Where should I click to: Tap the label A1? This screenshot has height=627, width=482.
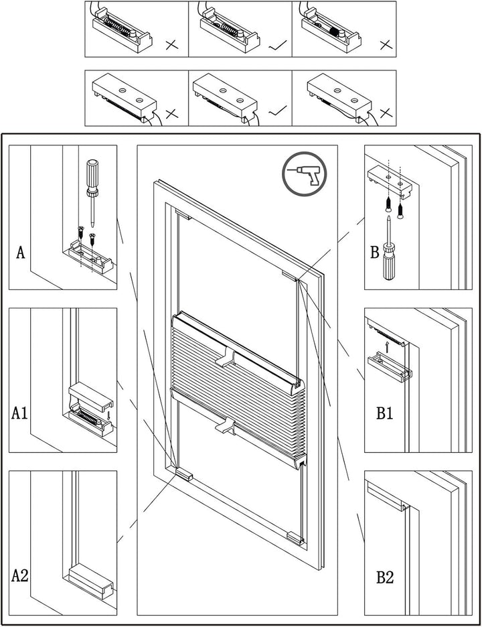tap(20, 413)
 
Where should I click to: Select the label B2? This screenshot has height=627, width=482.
tap(384, 577)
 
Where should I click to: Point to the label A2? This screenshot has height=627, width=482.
tap(20, 575)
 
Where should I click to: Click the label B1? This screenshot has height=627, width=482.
tap(384, 413)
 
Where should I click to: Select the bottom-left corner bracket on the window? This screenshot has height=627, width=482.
tap(183, 474)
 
